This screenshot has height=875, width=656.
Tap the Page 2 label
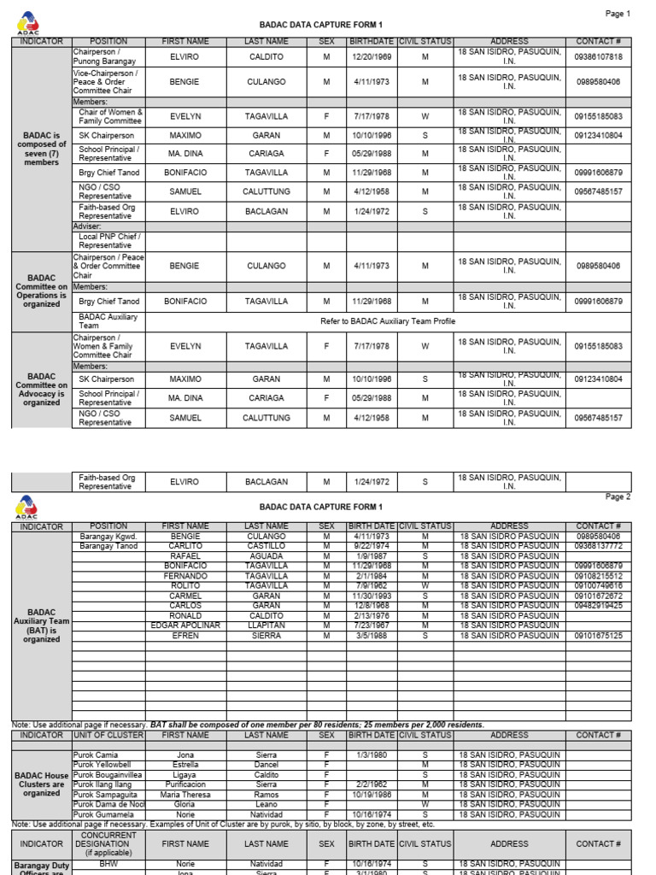pyautogui.click(x=617, y=496)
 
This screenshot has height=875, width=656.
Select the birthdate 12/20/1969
pyautogui.click(x=372, y=57)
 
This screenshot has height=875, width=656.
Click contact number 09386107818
pyautogui.click(x=598, y=57)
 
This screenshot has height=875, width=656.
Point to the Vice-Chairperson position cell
pyautogui.click(x=108, y=82)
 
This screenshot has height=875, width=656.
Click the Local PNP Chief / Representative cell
pyautogui.click(x=108, y=241)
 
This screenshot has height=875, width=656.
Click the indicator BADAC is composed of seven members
pyautogui.click(x=42, y=149)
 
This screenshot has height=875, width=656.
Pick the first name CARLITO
pyautogui.click(x=185, y=546)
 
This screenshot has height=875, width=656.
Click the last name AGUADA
pyautogui.click(x=266, y=556)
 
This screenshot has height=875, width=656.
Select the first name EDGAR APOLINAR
pyautogui.click(x=185, y=625)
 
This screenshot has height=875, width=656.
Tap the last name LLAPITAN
pyautogui.click(x=266, y=625)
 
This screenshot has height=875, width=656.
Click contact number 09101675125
pyautogui.click(x=598, y=636)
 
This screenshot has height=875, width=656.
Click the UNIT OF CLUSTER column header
pyautogui.click(x=108, y=735)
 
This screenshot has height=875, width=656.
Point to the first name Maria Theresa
pyautogui.click(x=185, y=795)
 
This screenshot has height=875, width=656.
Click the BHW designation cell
pyautogui.click(x=108, y=864)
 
